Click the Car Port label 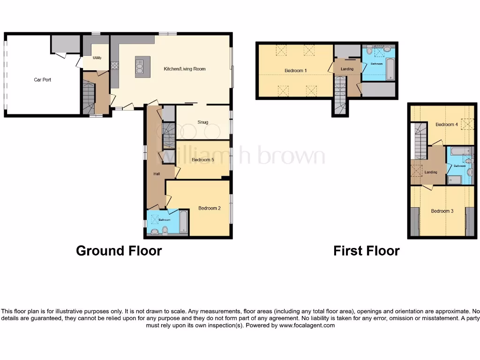point(42,80)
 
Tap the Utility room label point(97,58)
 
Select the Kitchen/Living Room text point(184,69)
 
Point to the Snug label point(202,123)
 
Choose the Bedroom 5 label point(202,160)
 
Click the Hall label point(157,174)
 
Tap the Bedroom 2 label point(209,208)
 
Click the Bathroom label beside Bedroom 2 point(164,219)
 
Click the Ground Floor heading point(119,251)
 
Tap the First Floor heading point(366,251)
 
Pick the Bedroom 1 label point(295,71)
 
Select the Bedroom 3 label point(442,211)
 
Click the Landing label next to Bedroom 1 point(347,69)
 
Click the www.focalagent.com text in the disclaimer point(307,325)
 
